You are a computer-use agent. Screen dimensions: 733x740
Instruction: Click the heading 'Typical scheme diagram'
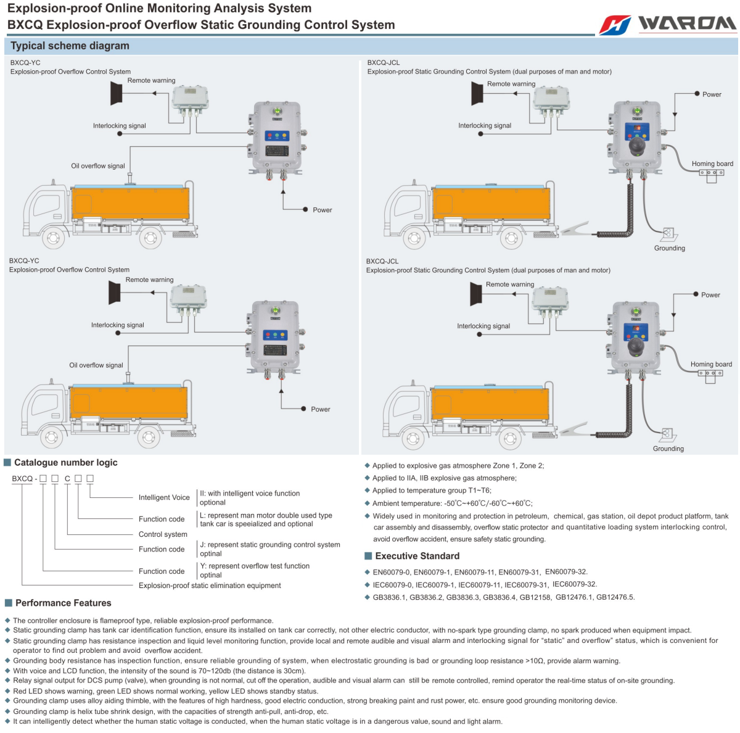click(70, 46)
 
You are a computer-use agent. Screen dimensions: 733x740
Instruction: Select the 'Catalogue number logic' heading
click(65, 463)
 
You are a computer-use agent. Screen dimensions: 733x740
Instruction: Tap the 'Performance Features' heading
click(63, 603)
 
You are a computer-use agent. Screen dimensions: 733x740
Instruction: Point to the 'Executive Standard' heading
click(417, 556)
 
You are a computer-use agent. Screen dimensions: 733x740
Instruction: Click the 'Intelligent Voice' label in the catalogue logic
click(164, 497)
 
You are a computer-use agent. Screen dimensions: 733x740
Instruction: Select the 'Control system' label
click(163, 534)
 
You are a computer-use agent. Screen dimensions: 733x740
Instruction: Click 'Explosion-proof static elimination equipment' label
click(210, 586)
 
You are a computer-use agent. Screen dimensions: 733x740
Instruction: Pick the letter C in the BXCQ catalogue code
click(67, 479)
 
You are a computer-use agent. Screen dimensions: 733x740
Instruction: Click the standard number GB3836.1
click(389, 597)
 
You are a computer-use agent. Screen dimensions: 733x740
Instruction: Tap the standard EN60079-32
click(566, 572)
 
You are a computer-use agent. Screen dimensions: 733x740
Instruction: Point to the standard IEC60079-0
click(392, 585)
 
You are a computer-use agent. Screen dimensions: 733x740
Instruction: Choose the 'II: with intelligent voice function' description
click(250, 494)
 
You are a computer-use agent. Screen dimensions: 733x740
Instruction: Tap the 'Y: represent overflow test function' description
click(255, 566)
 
